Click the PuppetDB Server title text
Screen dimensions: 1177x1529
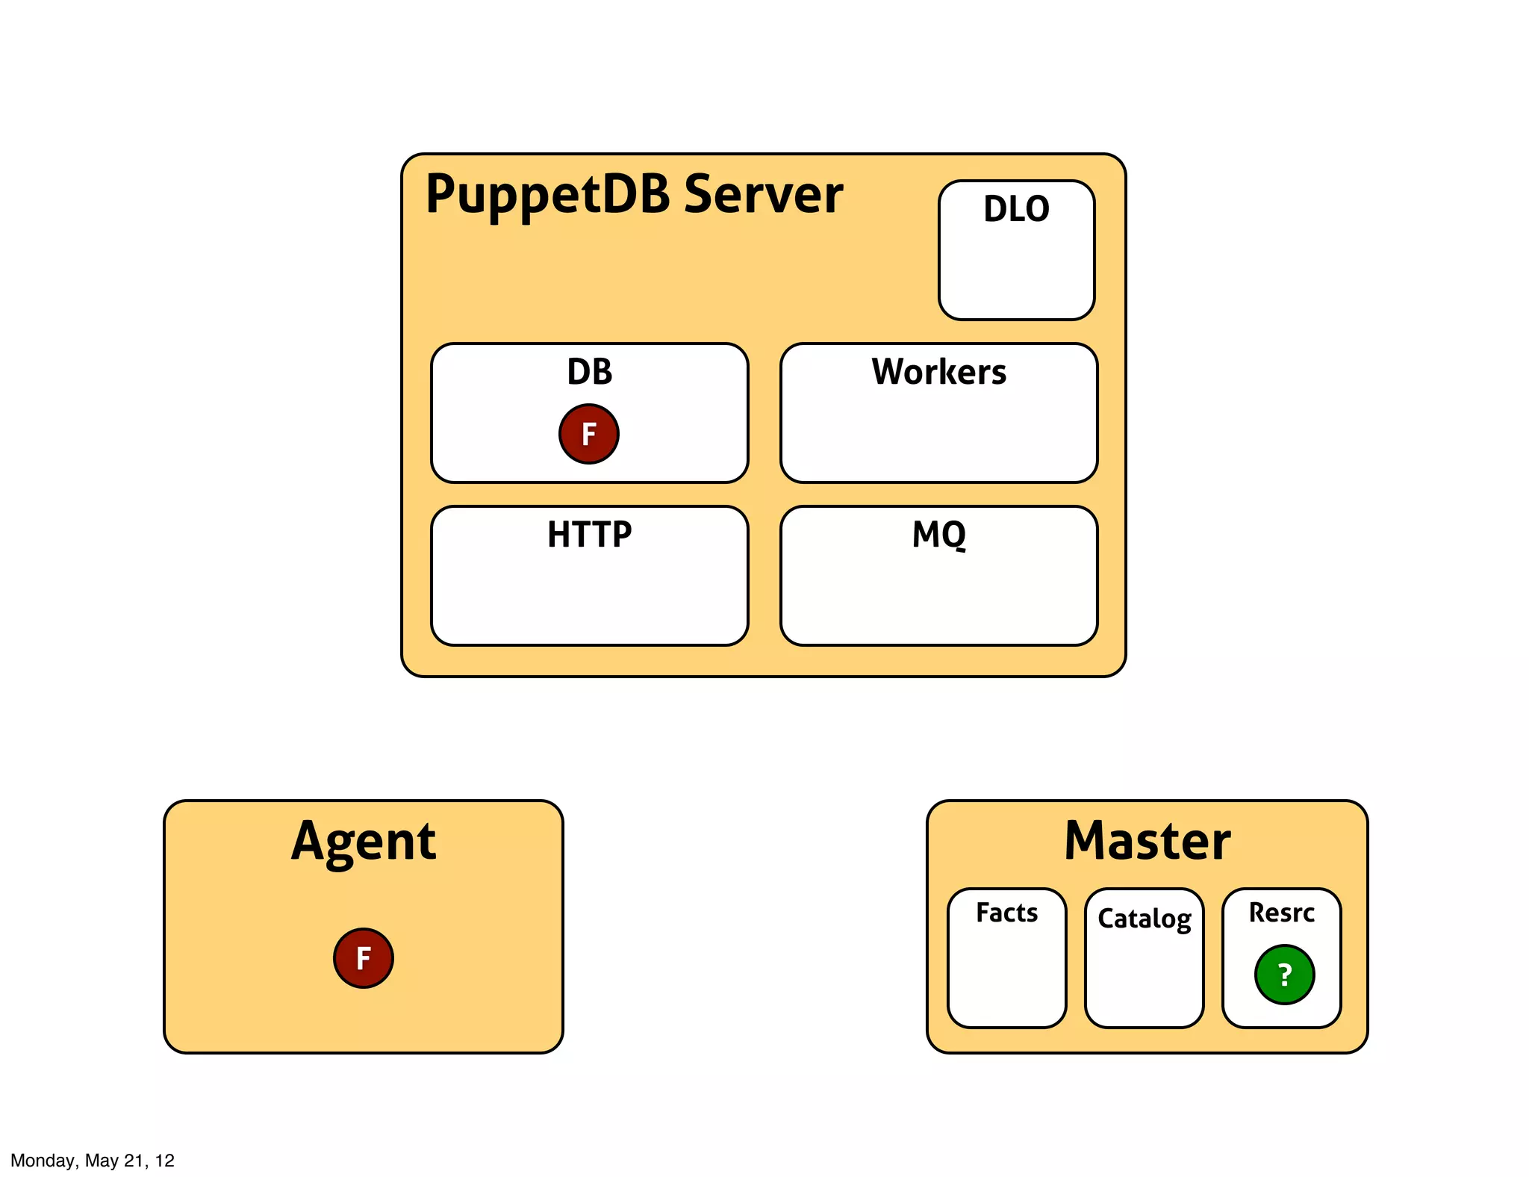pyautogui.click(x=633, y=194)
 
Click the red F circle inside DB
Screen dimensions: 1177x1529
pyautogui.click(x=588, y=434)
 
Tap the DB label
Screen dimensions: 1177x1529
pyautogui.click(x=589, y=372)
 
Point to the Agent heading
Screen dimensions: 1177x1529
pyautogui.click(x=363, y=842)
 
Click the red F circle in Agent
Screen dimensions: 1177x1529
pyautogui.click(x=363, y=958)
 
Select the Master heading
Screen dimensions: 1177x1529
pyautogui.click(x=1147, y=842)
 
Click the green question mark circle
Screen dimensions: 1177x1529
pyautogui.click(x=1284, y=975)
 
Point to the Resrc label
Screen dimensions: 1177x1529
pyautogui.click(x=1281, y=913)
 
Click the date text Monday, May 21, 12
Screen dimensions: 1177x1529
pyautogui.click(x=93, y=1160)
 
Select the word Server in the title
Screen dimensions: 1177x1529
pyautogui.click(x=763, y=194)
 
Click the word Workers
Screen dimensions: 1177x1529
pyautogui.click(x=938, y=372)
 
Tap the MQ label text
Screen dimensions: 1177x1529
pyautogui.click(x=938, y=535)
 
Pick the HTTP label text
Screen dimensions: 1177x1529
pyautogui.click(x=589, y=535)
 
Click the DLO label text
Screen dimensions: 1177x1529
pyautogui.click(x=1016, y=209)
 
